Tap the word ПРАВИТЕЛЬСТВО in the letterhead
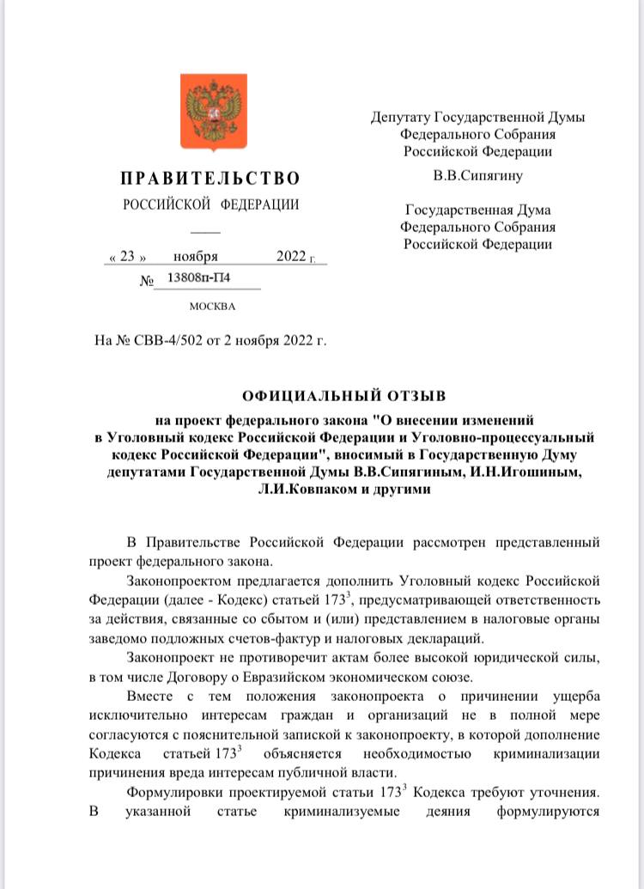[x=210, y=179]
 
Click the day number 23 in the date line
[x=127, y=256]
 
